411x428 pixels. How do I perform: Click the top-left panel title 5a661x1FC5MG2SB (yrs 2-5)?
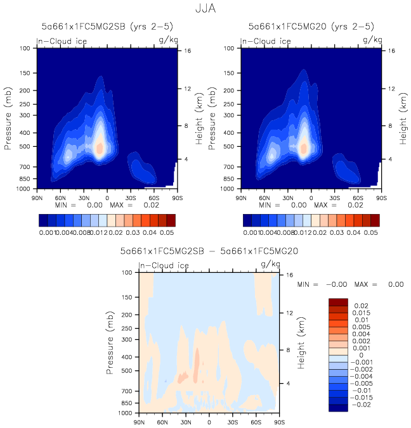105,27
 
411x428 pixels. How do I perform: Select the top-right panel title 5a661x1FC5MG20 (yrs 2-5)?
311,27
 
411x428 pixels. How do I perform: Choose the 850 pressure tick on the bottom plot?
131,403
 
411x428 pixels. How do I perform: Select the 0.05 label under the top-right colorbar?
370,233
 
